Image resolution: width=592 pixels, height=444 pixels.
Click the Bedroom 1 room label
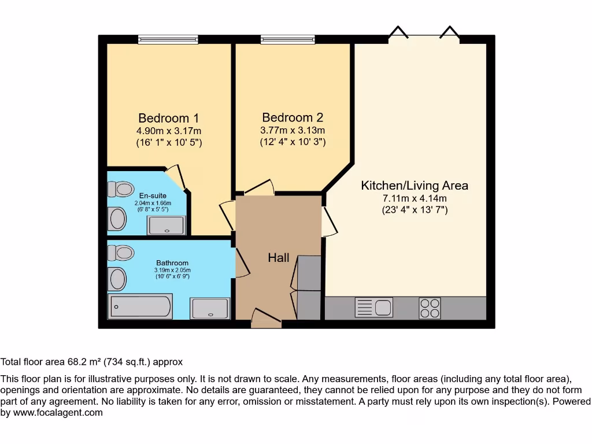168,119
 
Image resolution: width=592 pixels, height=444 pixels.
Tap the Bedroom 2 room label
293,117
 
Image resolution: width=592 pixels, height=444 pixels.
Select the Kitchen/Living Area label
415,186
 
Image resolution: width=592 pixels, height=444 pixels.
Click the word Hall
278,258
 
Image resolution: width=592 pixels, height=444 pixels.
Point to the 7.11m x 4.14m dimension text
415,198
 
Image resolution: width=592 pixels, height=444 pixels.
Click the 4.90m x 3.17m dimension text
168,131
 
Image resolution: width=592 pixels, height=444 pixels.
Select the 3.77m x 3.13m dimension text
293,129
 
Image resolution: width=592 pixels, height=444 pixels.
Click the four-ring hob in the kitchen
430,308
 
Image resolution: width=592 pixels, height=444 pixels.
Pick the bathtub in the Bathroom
140,306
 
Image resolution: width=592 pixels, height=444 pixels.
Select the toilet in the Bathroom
120,253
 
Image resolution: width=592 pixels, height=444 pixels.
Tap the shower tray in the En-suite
167,225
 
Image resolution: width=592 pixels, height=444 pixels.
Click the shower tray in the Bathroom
210,308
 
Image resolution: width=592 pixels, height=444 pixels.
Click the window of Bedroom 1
168,39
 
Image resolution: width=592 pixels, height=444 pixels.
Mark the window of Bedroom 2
287,39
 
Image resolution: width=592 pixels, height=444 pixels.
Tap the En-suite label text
153,196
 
